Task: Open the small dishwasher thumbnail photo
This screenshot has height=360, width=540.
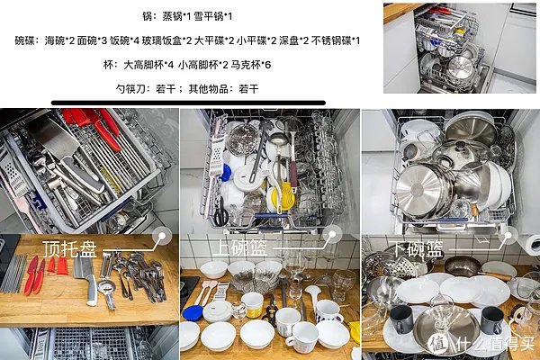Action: [x=459, y=47]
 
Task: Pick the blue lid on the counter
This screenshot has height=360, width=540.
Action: [x=193, y=312]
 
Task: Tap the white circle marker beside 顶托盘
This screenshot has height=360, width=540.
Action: [x=163, y=237]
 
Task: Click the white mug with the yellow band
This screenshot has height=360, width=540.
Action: [x=253, y=303]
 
